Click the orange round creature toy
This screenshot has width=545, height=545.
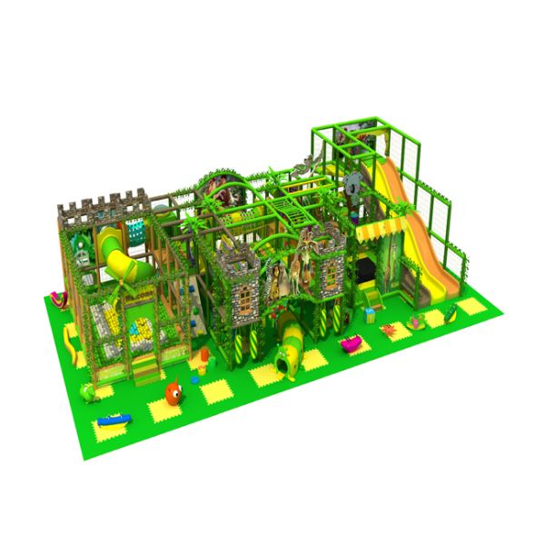click(x=173, y=392)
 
